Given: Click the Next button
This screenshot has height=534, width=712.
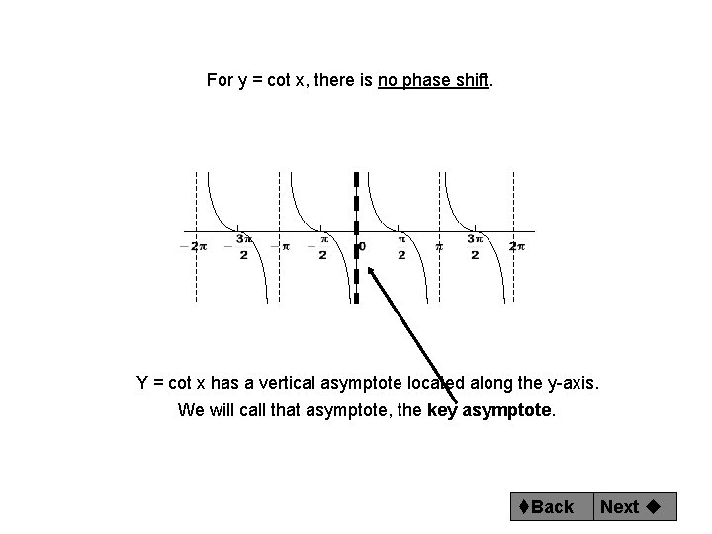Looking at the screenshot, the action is click(x=629, y=506).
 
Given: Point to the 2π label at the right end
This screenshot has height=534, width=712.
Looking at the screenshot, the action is click(x=517, y=246).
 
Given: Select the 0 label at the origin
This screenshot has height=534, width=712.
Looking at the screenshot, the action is click(x=362, y=246).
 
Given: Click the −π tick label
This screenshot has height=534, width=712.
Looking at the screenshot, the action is click(x=282, y=246).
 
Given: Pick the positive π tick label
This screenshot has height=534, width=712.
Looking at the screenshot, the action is click(x=440, y=246).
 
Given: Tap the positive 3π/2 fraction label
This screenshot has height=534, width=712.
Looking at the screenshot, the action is click(x=476, y=246).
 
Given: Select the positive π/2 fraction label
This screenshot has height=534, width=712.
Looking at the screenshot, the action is click(x=401, y=246).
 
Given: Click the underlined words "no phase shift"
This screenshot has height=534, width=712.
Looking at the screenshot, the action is click(x=434, y=80).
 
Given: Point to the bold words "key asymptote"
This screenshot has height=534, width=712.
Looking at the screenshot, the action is click(x=490, y=410).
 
